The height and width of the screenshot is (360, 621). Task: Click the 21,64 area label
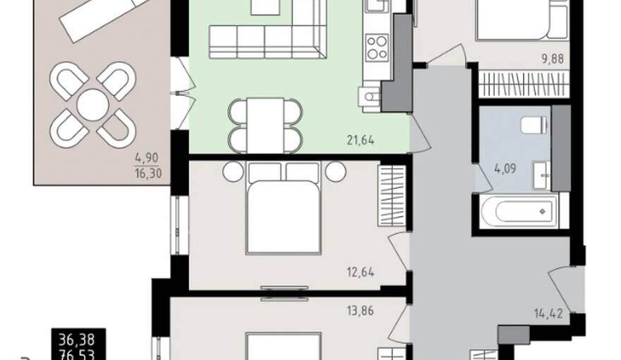[361, 140]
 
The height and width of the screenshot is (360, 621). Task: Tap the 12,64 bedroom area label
[361, 272]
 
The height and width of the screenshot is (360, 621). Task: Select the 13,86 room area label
[360, 311]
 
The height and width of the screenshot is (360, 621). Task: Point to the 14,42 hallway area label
[548, 314]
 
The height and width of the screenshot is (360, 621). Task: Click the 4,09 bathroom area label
[505, 169]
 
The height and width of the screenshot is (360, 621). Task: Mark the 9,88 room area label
[553, 59]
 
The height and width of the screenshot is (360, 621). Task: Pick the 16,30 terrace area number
[148, 174]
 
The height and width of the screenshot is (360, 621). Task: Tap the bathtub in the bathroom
[519, 211]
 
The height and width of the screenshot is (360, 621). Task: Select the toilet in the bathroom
[534, 125]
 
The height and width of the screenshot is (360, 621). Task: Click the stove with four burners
[376, 47]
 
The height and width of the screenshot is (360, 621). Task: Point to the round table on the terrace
[92, 105]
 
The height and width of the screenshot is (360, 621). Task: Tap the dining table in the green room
[265, 125]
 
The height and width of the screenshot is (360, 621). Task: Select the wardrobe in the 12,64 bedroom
[392, 196]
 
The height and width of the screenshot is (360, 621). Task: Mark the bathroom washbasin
[541, 175]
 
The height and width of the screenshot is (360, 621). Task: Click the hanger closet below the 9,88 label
[524, 85]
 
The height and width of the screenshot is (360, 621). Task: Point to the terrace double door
[183, 93]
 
